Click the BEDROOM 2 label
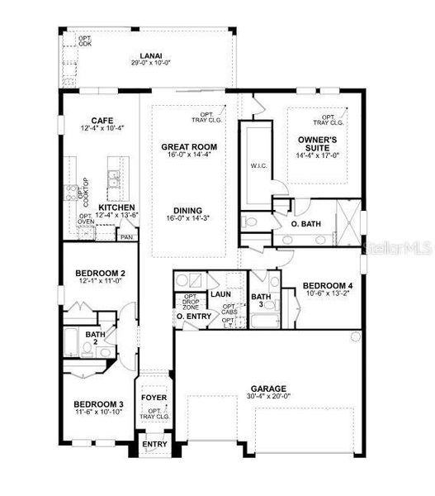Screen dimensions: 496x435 coord(100,273)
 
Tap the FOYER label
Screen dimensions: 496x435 coord(154,398)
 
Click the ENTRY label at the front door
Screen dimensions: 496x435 coord(154,444)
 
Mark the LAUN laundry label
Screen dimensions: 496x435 coord(220,293)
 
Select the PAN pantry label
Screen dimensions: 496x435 coord(126,237)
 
